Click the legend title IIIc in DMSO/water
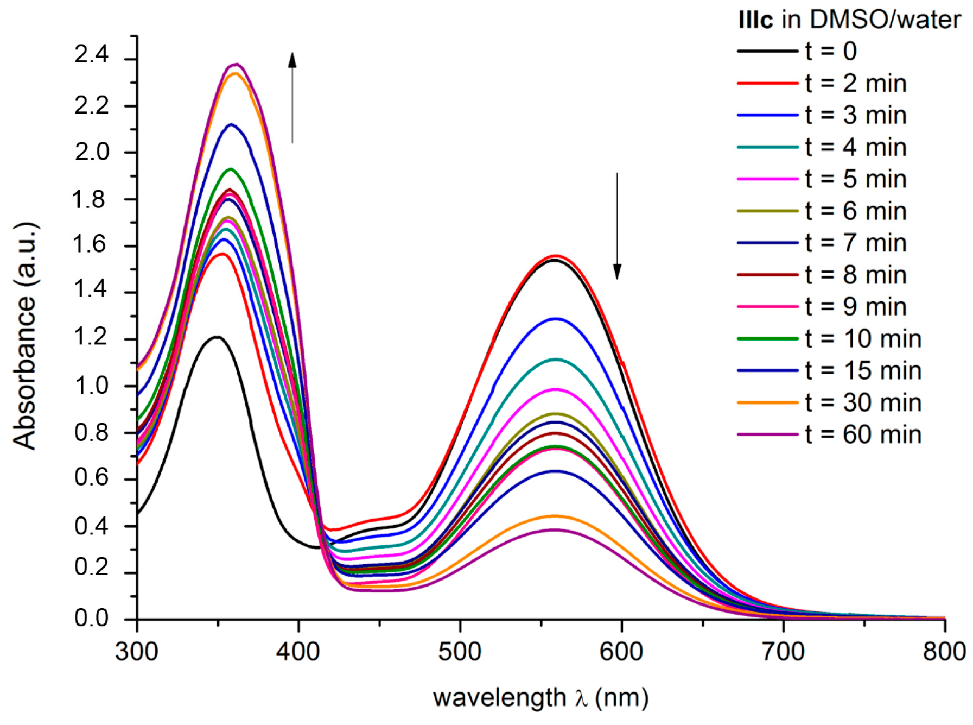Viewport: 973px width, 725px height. (849, 20)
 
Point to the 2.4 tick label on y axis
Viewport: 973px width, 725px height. (92, 54)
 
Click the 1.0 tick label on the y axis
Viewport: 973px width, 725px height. (92, 386)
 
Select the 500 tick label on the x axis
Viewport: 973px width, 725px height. (460, 651)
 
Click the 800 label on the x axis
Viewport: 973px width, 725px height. (944, 651)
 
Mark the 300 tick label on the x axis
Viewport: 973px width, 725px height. (137, 651)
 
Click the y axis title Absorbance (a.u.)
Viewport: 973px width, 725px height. (24, 336)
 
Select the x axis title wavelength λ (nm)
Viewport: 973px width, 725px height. (540, 697)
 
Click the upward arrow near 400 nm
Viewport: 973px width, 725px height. (292, 98)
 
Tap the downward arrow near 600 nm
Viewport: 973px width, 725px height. (617, 225)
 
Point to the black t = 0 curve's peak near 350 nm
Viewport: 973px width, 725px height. (217, 337)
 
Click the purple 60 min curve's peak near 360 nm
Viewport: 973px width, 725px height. (237, 64)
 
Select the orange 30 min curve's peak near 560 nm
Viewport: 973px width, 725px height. (555, 516)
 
